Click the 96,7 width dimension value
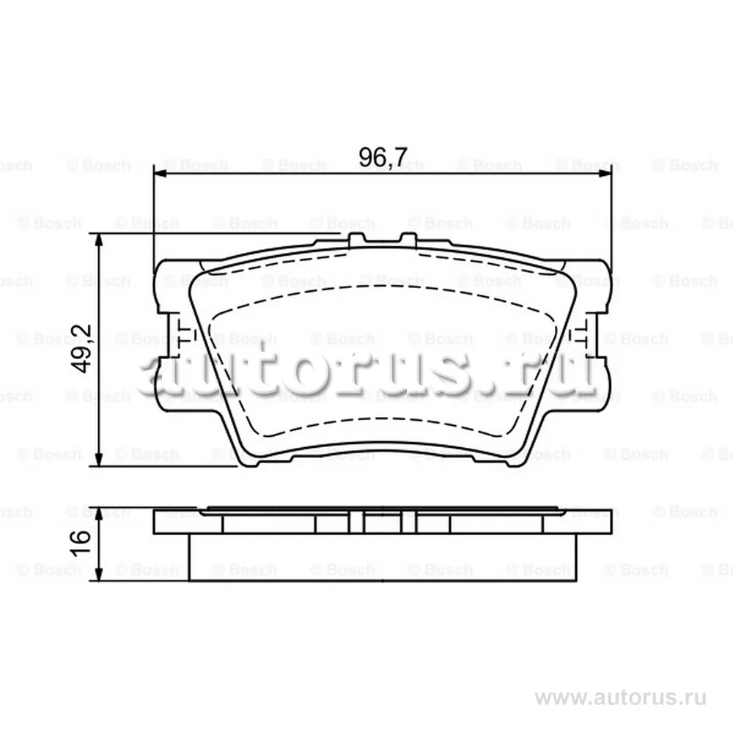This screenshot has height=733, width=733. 383,158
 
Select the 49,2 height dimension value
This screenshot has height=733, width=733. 81,349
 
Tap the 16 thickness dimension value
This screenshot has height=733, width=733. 81,543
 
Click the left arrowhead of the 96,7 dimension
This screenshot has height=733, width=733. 160,174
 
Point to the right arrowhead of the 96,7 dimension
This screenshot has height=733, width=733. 605,174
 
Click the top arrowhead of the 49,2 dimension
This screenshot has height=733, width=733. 99,240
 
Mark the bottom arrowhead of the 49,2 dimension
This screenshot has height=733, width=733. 99,459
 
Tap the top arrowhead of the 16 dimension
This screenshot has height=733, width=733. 99,513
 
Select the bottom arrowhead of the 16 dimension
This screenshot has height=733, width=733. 99,575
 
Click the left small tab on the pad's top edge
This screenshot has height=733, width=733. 357,239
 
